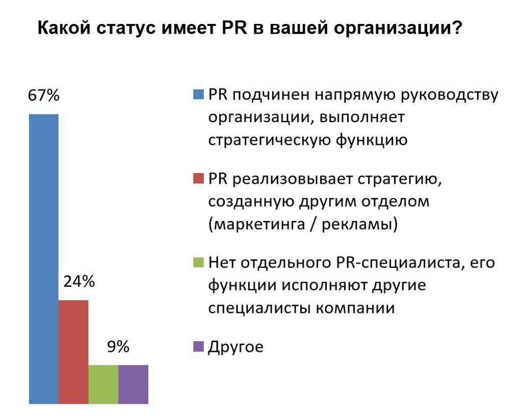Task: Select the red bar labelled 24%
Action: pyautogui.click(x=73, y=352)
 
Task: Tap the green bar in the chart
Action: pyautogui.click(x=103, y=384)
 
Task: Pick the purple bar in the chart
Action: pyautogui.click(x=133, y=384)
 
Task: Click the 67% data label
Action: pyautogui.click(x=44, y=96)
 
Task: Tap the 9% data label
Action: pyautogui.click(x=118, y=347)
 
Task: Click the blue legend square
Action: pyautogui.click(x=198, y=95)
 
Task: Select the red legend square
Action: pyautogui.click(x=198, y=179)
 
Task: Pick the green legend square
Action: pyautogui.click(x=198, y=263)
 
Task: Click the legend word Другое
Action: pyautogui.click(x=236, y=348)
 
